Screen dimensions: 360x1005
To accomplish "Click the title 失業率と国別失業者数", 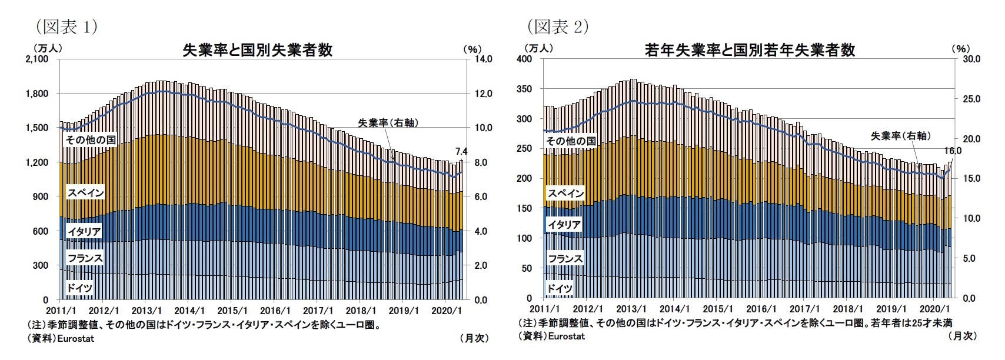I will [258, 50].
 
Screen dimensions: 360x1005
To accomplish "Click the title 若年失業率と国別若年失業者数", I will [750, 50].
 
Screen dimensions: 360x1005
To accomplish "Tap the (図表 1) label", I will [58, 26].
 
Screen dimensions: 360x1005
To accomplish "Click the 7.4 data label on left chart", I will [459, 151].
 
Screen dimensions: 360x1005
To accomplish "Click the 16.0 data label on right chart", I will [953, 151].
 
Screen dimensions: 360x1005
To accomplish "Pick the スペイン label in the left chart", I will [85, 193].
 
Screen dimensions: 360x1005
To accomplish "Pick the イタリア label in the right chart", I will [565, 224].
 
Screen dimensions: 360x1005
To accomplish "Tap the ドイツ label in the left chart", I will [79, 288].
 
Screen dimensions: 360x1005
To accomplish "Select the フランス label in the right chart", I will [565, 258].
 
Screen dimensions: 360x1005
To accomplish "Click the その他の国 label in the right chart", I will [571, 141].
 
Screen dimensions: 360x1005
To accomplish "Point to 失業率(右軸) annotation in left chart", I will [392, 123].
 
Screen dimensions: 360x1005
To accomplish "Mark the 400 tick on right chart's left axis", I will [530, 59].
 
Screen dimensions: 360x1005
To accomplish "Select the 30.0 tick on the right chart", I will [971, 59].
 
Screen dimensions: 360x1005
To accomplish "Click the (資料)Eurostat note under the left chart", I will [61, 338].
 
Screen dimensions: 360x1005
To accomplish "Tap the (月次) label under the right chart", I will [962, 335].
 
